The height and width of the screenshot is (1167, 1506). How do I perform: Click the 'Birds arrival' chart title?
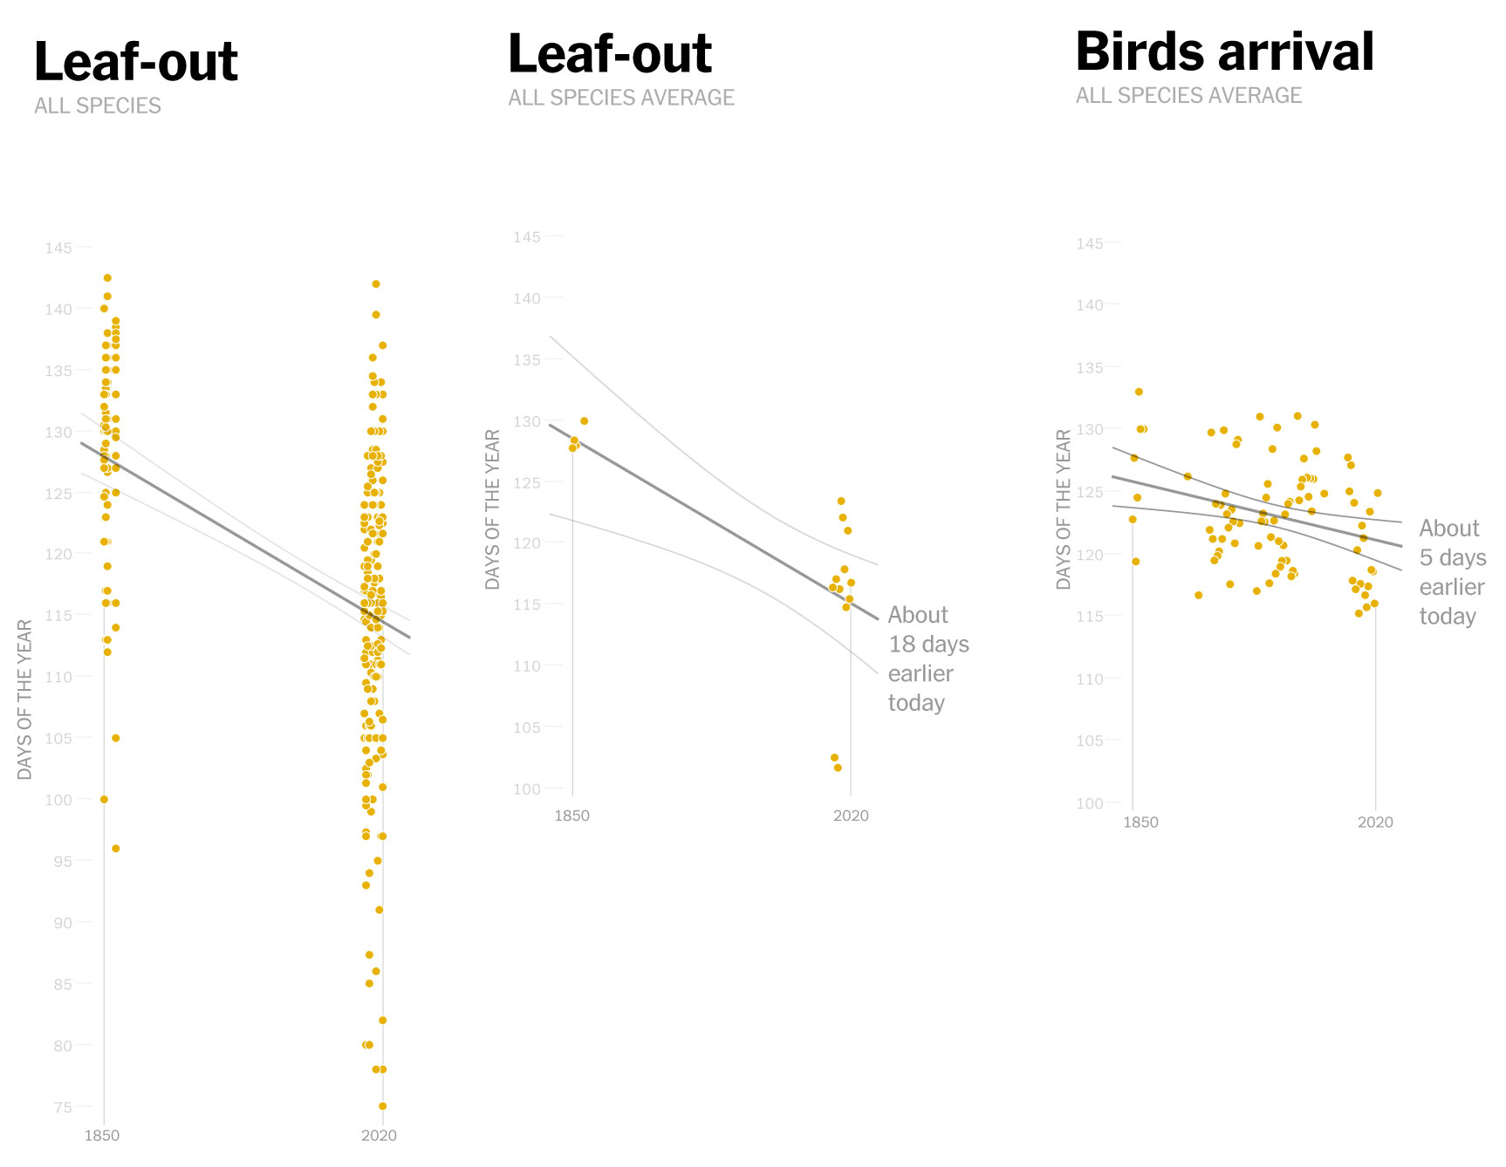1224,52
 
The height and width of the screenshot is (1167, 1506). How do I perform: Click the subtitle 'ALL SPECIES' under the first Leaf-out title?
98,106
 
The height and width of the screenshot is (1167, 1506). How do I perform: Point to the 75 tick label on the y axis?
62,1108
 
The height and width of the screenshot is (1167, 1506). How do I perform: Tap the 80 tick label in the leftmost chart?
62,1046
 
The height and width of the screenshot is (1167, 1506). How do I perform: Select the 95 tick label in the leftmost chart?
62,862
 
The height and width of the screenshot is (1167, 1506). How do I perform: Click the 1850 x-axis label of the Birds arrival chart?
1140,822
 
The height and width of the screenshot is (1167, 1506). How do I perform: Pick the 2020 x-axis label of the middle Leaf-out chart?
851,816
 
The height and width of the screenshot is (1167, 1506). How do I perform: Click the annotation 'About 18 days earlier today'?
928,659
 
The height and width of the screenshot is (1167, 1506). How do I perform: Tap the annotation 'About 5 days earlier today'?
1451,572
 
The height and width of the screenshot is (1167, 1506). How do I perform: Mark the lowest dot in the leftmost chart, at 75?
382,1107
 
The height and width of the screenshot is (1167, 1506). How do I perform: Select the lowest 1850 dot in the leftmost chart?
115,849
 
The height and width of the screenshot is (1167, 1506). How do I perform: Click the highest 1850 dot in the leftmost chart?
107,278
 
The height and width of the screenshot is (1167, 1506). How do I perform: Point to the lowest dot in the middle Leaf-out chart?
838,768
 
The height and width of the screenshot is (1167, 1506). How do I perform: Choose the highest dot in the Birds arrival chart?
1139,392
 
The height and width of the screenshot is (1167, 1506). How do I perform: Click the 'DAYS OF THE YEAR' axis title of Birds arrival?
1063,509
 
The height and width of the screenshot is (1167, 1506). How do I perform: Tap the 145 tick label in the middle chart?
526,237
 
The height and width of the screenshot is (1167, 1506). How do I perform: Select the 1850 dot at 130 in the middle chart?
584,421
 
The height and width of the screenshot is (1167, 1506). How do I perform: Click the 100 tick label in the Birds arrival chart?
1090,803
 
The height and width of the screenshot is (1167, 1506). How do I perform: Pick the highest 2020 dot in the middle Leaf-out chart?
841,502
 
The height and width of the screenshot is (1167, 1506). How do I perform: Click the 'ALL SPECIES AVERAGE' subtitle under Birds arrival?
1188,96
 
